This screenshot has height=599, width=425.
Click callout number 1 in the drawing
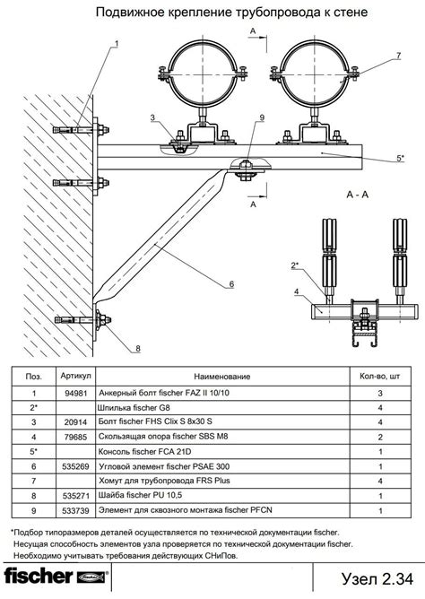117,44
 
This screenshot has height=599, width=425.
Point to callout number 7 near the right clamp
398,56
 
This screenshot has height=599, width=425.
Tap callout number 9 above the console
262,117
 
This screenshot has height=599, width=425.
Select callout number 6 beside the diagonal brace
231,284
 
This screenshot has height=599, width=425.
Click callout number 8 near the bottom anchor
138,349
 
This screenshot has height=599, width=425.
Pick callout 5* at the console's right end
400,158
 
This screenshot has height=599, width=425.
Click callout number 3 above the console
152,117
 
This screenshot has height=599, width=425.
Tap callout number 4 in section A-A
296,291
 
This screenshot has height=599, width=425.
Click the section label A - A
358,195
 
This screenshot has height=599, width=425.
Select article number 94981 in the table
76,393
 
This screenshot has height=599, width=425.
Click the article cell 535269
76,466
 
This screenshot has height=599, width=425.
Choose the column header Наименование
221,377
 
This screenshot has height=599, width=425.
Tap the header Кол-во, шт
379,377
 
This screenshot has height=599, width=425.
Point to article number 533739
76,510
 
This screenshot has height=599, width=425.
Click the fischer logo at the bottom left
56,577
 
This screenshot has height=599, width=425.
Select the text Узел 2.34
377,578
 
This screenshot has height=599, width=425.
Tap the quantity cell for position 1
380,393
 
